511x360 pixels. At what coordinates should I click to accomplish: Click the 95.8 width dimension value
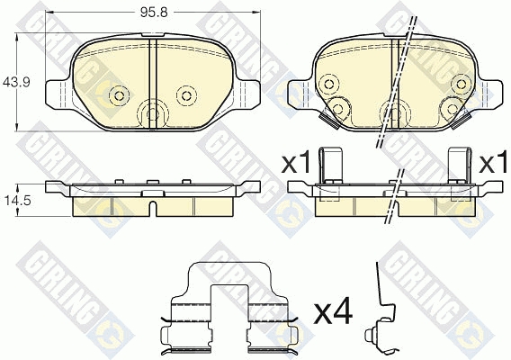pyautogui.click(x=154, y=13)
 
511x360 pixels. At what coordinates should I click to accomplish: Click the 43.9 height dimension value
pyautogui.click(x=16, y=82)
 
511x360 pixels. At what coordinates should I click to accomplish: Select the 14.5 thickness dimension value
pyautogui.click(x=16, y=201)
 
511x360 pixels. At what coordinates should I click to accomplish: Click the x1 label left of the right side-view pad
pyautogui.click(x=296, y=164)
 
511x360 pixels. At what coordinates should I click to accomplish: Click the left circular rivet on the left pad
pyautogui.click(x=119, y=95)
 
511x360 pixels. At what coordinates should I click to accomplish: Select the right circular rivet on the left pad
pyautogui.click(x=186, y=95)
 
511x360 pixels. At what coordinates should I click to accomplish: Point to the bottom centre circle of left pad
pyautogui.click(x=153, y=113)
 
